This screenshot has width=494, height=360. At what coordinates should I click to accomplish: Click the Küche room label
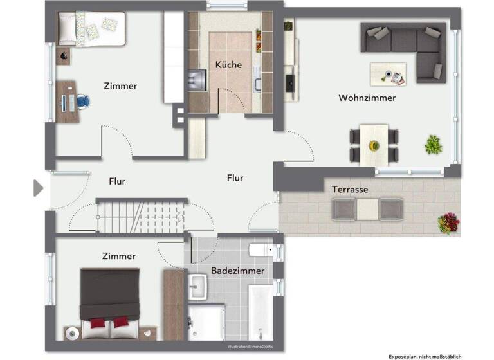228,65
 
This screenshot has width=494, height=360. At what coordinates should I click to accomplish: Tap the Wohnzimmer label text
367,98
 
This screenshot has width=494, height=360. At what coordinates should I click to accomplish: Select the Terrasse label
350,190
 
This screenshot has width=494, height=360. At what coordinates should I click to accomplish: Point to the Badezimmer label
237,271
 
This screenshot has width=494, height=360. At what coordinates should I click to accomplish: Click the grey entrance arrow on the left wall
38,188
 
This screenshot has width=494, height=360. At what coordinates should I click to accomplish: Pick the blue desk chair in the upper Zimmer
83,100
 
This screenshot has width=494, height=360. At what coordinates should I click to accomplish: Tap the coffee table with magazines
388,73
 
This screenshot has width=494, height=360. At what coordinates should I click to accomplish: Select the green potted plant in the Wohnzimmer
433,145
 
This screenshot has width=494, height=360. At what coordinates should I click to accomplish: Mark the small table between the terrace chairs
368,210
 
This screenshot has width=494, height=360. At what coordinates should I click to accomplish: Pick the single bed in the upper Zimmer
91,30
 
